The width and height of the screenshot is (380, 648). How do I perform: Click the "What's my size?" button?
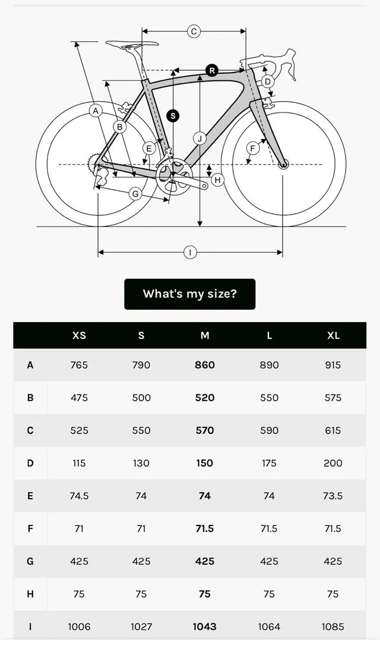pyautogui.click(x=189, y=294)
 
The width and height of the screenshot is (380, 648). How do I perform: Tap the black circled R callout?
pyautogui.click(x=212, y=70)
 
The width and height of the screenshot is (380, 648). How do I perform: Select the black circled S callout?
pyautogui.click(x=173, y=115)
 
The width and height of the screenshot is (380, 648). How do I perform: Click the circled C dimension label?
pyautogui.click(x=194, y=32)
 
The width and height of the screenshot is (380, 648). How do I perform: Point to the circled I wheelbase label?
pyautogui.click(x=190, y=253)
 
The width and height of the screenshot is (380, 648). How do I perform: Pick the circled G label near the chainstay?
pyautogui.click(x=135, y=193)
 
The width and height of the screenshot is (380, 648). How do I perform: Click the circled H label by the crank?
pyautogui.click(x=218, y=180)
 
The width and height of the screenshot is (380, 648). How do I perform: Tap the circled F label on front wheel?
pyautogui.click(x=253, y=148)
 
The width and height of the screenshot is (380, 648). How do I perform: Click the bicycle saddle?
pyautogui.click(x=132, y=43)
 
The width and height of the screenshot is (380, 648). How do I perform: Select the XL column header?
pyautogui.click(x=333, y=335)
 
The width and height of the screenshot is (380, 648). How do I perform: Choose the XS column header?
pyautogui.click(x=79, y=335)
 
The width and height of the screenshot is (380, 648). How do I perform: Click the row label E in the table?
pyautogui.click(x=30, y=496)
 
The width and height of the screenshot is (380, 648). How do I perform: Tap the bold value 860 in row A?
pyautogui.click(x=205, y=365)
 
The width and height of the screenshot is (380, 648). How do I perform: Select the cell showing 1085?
pyautogui.click(x=333, y=627)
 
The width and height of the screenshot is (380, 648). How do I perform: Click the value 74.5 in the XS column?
pyautogui.click(x=79, y=496)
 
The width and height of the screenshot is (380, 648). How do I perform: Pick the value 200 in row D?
pyautogui.click(x=333, y=463)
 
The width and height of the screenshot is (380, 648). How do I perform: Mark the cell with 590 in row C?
pyautogui.click(x=269, y=430)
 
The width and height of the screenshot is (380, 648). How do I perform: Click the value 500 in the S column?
pyautogui.click(x=141, y=398)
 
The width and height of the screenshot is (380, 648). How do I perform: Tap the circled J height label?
pyautogui.click(x=199, y=139)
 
